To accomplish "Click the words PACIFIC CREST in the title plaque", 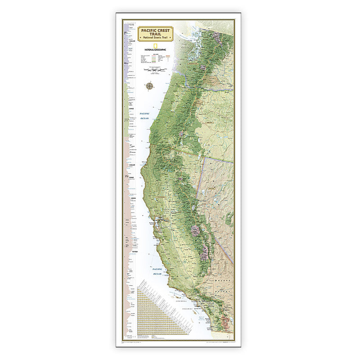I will click(153, 30).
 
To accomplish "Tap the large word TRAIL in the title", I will click(153, 35).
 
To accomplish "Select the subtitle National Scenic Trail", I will click(153, 40).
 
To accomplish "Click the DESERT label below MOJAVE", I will click(226, 290).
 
